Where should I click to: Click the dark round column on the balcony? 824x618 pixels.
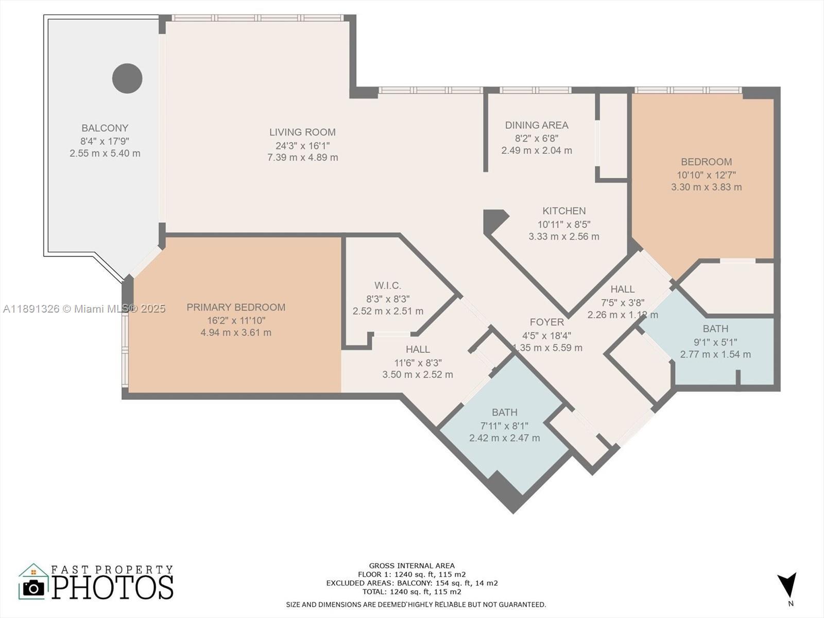pyautogui.click(x=127, y=78)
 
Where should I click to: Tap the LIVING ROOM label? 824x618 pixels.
pyautogui.click(x=303, y=132)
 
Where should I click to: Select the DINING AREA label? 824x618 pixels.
pyautogui.click(x=537, y=125)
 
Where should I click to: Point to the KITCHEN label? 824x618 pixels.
pyautogui.click(x=564, y=211)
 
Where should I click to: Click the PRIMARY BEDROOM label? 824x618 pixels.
pyautogui.click(x=236, y=307)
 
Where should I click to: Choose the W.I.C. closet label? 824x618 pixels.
pyautogui.click(x=388, y=285)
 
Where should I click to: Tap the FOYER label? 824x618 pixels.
pyautogui.click(x=547, y=322)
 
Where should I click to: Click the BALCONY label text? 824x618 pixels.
pyautogui.click(x=105, y=128)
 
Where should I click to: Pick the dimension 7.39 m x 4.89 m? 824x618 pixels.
pyautogui.click(x=303, y=158)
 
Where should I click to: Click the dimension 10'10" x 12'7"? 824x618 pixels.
pyautogui.click(x=706, y=175)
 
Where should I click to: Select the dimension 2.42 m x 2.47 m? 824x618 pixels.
pyautogui.click(x=505, y=438)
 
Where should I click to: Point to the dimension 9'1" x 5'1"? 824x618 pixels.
pyautogui.click(x=715, y=342)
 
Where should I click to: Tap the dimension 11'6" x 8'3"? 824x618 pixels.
pyautogui.click(x=418, y=363)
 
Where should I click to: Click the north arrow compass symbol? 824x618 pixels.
pyautogui.click(x=787, y=585)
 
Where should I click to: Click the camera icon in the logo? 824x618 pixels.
pyautogui.click(x=33, y=588)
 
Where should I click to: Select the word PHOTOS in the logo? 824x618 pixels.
pyautogui.click(x=112, y=587)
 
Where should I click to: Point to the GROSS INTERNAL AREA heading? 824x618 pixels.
pyautogui.click(x=412, y=565)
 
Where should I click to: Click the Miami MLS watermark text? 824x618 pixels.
pyautogui.click(x=84, y=309)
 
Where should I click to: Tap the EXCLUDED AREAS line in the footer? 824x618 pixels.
pyautogui.click(x=412, y=583)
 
